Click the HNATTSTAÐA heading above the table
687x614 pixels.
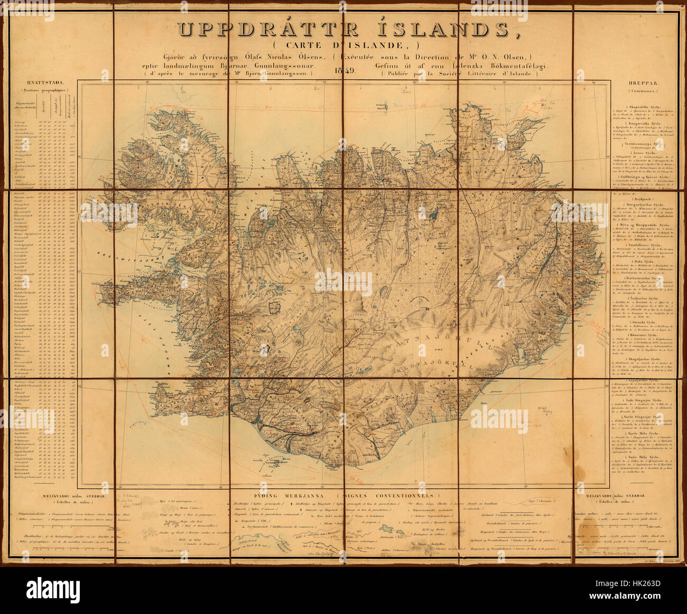(x=44, y=83)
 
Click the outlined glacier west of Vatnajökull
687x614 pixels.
(x=275, y=306)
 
